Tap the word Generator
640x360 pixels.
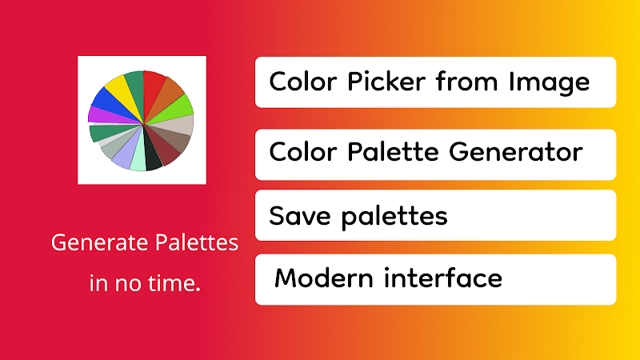pyautogui.click(x=516, y=152)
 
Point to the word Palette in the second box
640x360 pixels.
pyautogui.click(x=393, y=152)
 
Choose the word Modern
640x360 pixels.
pyautogui.click(x=324, y=278)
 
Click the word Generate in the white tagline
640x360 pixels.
pyautogui.click(x=101, y=243)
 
